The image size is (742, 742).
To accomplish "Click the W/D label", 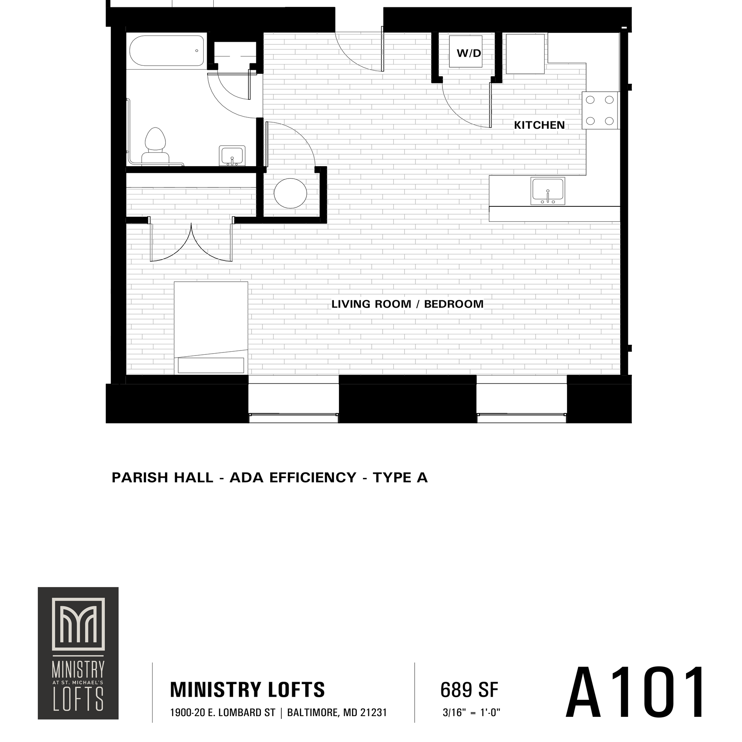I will tap(468, 53).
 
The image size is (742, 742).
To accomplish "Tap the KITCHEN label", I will tap(539, 125).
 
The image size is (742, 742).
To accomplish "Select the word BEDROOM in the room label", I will tap(454, 304).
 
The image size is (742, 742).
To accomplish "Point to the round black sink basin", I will tap(291, 192).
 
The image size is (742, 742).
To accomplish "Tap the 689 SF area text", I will tap(469, 689).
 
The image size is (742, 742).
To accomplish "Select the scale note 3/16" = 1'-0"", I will tap(471, 713).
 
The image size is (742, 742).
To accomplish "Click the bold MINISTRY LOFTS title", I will tap(247, 689).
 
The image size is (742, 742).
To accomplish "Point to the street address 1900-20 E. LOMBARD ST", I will tap(222, 713).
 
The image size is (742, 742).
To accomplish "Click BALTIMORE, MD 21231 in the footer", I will tap(337, 713).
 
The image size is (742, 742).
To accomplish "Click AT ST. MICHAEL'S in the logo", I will tap(78, 683).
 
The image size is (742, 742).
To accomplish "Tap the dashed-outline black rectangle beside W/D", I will tap(525, 53).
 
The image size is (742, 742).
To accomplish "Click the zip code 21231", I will tap(374, 713).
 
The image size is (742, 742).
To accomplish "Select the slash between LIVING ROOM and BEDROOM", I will tap(417, 304).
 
